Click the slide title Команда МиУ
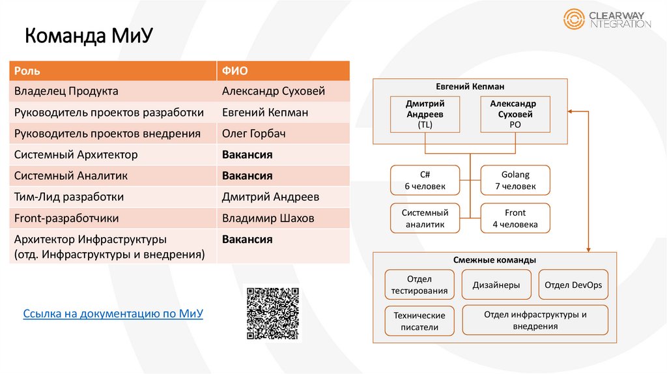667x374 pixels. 89,36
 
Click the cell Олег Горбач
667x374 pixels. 254,134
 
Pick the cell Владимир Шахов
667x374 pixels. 268,218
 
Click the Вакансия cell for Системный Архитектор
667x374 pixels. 247,155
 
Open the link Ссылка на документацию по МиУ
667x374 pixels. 113,314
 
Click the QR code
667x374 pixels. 272,313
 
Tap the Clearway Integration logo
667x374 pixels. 607,19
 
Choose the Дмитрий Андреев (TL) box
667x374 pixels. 425,114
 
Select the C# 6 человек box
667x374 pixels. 425,180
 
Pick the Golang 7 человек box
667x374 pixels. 515,180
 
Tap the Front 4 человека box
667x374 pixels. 515,219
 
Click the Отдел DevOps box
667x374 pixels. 573,285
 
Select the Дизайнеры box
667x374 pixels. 496,285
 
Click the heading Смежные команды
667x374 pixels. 496,260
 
